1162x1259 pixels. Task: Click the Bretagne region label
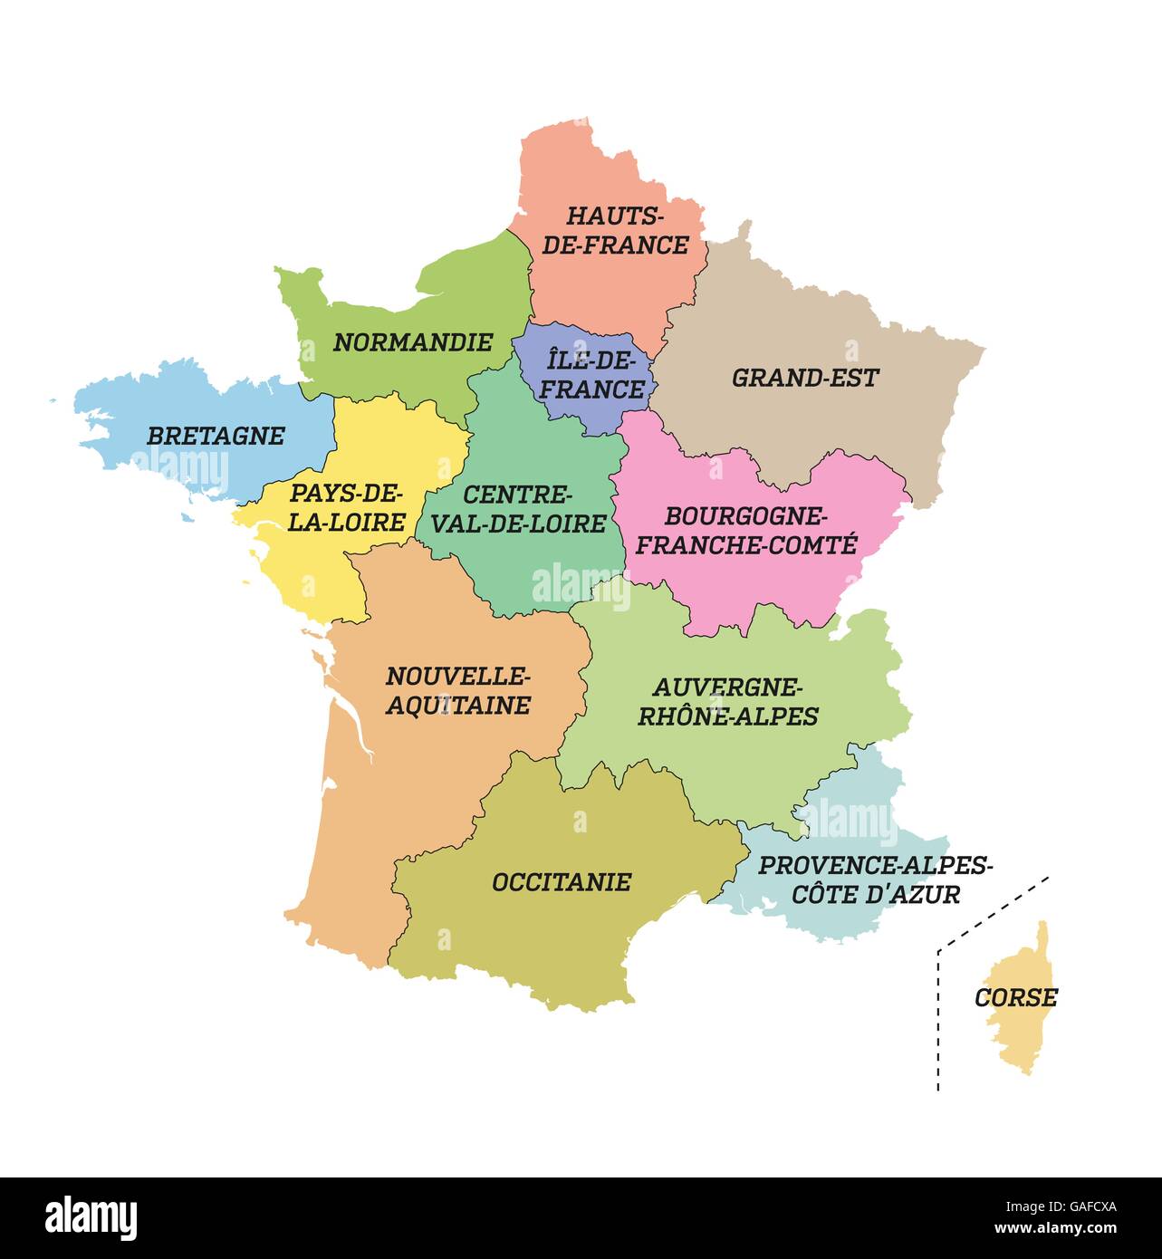tap(216, 436)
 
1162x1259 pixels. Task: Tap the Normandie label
tap(413, 342)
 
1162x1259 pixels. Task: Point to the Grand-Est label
tap(805, 378)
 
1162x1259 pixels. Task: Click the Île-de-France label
tap(594, 375)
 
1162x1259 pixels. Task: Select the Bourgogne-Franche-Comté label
tap(745, 530)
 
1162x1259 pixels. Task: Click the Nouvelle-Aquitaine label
tap(457, 690)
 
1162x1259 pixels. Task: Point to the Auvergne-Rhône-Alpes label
tap(727, 701)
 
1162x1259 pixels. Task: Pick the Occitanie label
tap(561, 882)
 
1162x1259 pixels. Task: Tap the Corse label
tap(1015, 997)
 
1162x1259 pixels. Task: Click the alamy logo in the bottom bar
tap(91, 1217)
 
